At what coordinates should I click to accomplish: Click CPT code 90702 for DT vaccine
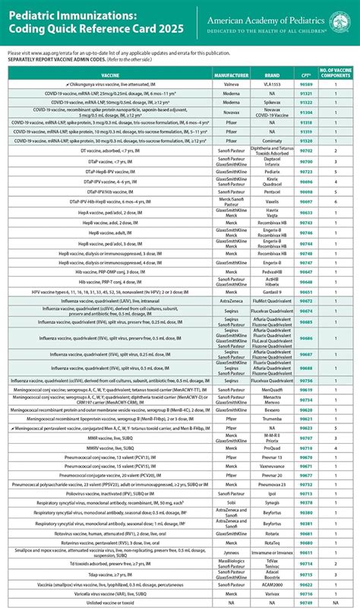307,151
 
